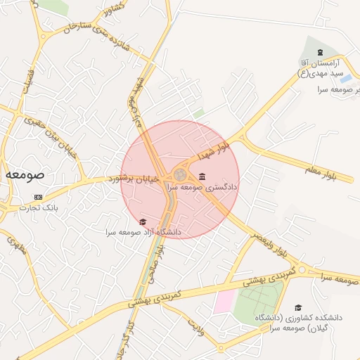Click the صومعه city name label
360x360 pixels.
point(25,174)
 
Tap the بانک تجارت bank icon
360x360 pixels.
point(38,197)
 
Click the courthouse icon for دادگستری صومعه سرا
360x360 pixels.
point(202,176)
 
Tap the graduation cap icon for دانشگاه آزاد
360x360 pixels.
point(143,222)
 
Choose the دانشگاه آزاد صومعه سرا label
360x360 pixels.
point(143,232)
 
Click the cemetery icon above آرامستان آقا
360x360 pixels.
point(321,53)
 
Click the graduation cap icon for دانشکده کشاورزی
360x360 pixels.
point(298,307)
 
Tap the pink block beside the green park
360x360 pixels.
point(224,302)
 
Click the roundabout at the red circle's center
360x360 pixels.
point(180,174)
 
